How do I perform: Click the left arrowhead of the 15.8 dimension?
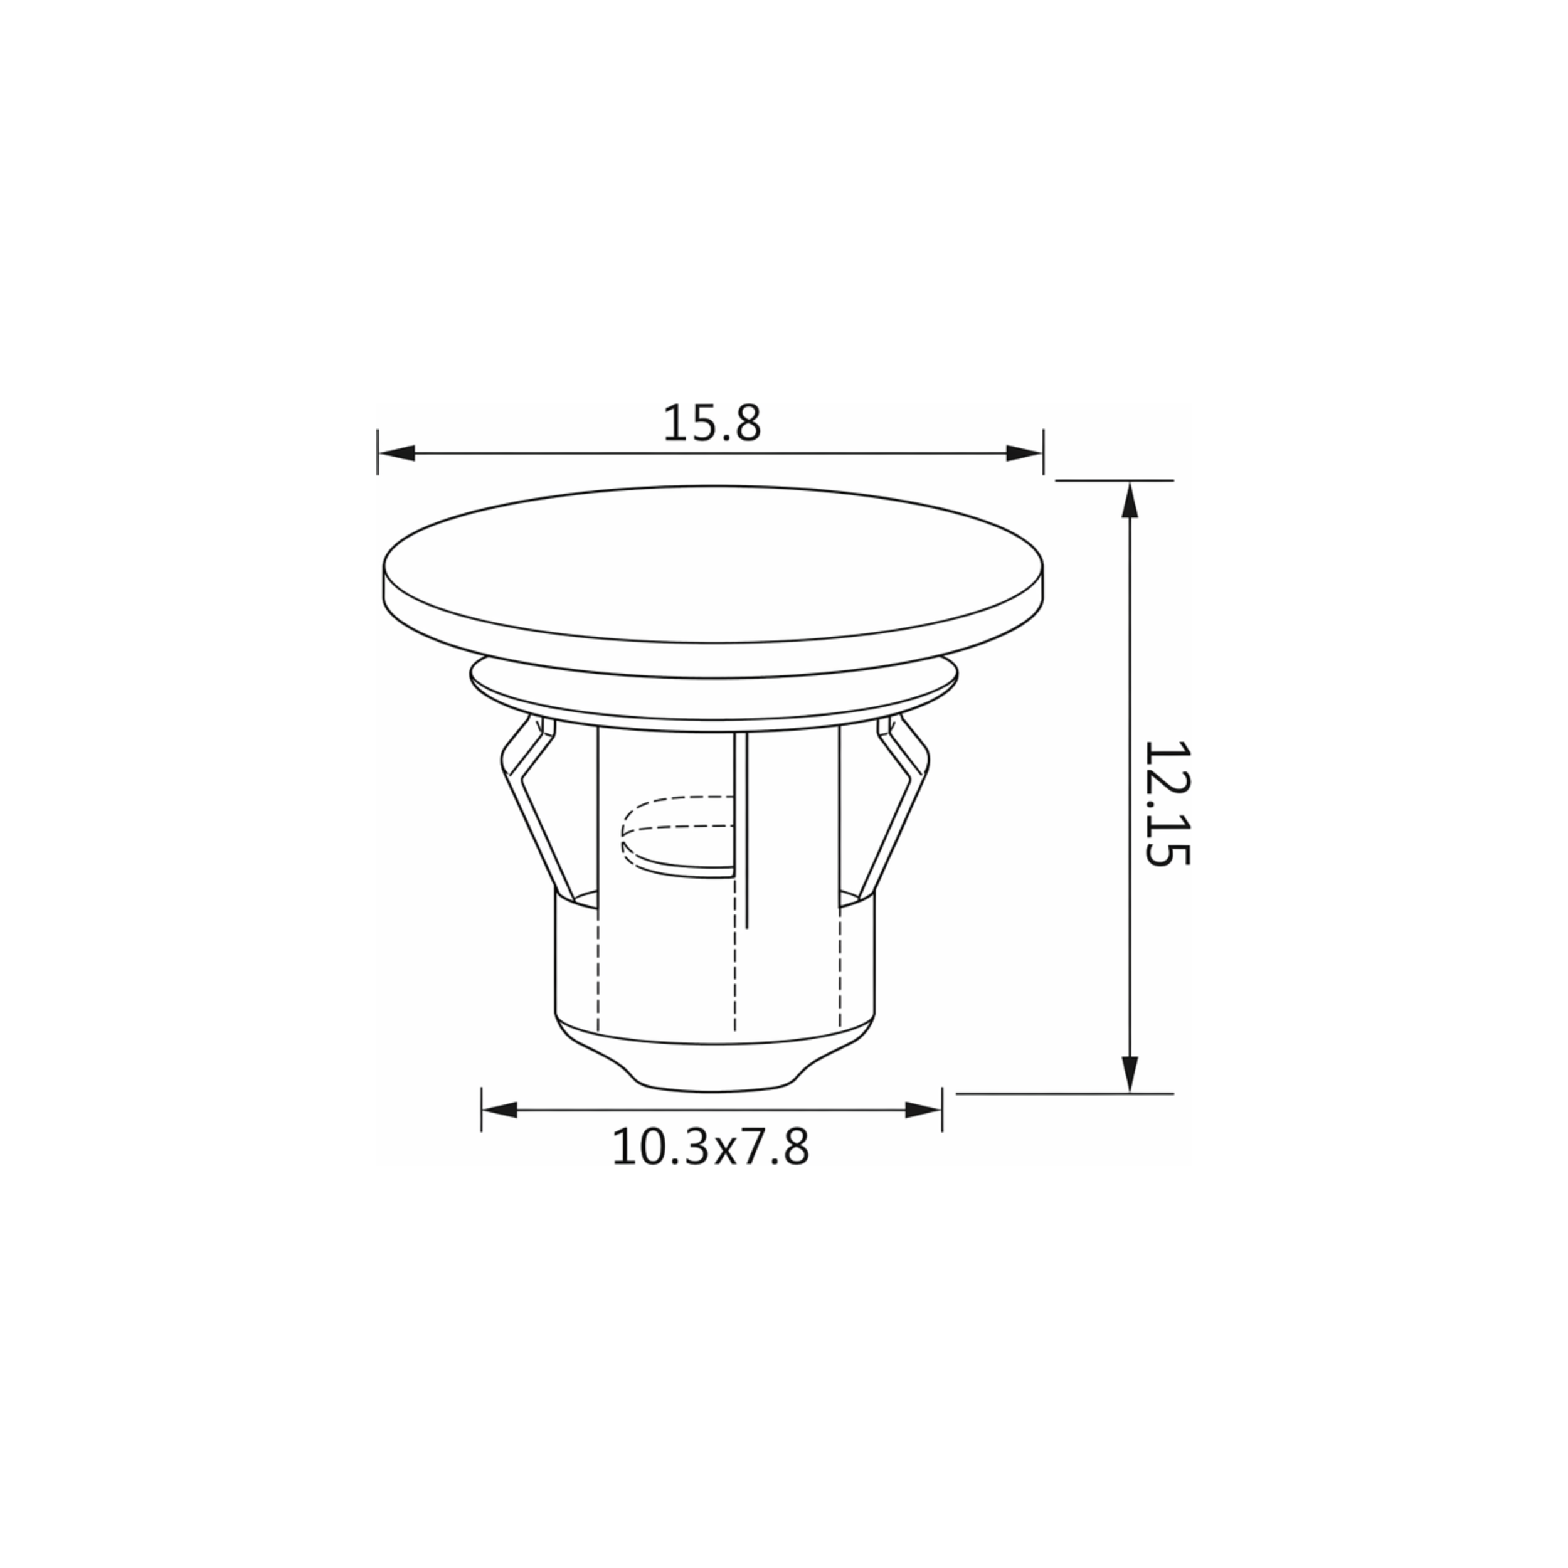pos(397,453)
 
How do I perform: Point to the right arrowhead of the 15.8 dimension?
pos(1024,453)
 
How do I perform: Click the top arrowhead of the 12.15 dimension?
pos(1129,499)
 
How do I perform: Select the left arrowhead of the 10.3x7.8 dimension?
pos(500,1110)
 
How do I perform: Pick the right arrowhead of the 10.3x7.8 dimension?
pos(924,1110)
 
